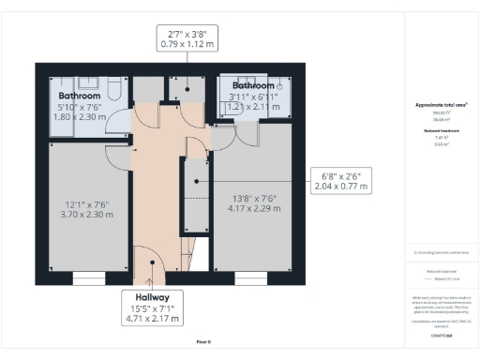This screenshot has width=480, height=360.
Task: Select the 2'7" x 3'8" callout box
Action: tap(190, 38)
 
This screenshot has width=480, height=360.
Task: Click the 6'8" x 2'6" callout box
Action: tap(341, 180)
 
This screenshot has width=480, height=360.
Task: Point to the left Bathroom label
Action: tap(79, 96)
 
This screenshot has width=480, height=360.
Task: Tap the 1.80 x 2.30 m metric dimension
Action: tap(79, 118)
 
